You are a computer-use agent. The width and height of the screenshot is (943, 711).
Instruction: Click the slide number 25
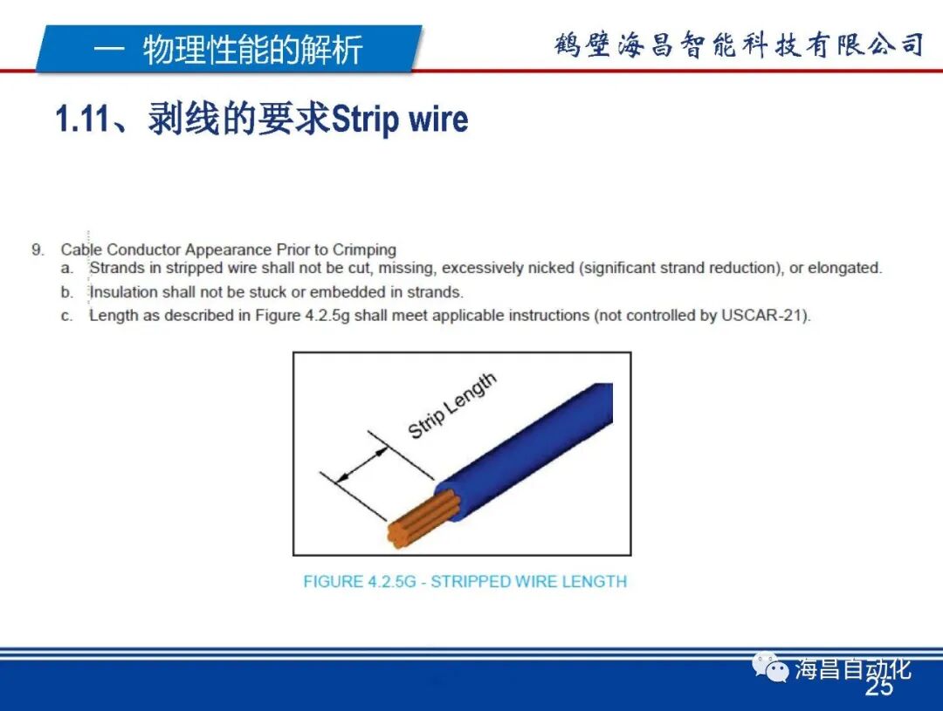[879, 688]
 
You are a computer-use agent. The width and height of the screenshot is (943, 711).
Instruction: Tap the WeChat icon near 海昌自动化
[772, 670]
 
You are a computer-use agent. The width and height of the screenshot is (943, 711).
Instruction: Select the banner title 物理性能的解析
[252, 50]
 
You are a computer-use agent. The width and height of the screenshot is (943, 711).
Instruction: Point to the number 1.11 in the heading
[82, 120]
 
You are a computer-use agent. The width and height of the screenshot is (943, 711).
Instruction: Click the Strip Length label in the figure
[452, 406]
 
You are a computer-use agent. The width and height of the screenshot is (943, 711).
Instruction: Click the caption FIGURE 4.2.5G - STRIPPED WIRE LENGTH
[465, 582]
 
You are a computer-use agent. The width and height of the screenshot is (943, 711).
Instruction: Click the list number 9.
[38, 250]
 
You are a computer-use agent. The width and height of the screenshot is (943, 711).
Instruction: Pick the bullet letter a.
[66, 269]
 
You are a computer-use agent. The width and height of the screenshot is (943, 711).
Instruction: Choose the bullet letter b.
[66, 292]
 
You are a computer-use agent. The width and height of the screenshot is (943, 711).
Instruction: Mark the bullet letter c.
[66, 316]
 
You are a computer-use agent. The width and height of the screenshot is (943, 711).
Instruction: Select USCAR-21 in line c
[764, 316]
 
